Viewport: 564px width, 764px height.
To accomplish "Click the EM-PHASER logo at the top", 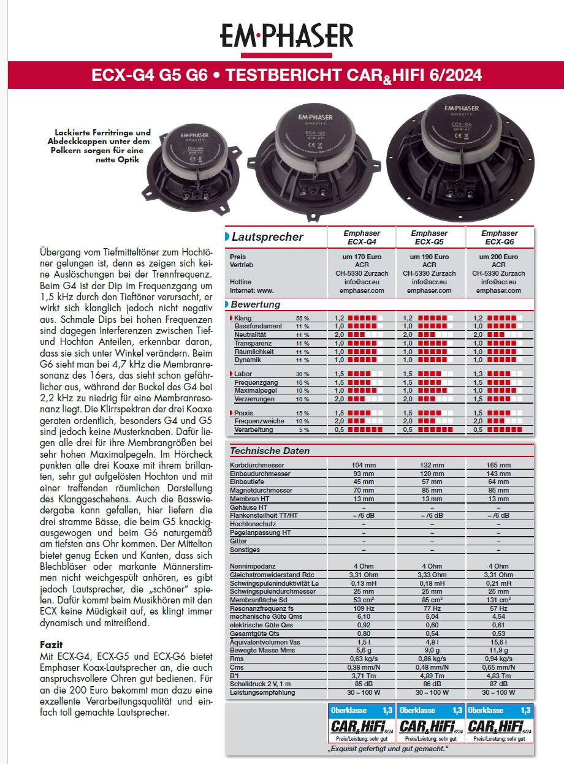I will point(287,36).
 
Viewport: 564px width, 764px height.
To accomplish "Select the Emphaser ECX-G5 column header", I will point(429,237).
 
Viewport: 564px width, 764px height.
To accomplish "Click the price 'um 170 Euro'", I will point(361,257).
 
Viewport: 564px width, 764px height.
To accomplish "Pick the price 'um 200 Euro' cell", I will point(499,257).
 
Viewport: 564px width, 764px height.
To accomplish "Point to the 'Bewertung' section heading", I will point(256,304).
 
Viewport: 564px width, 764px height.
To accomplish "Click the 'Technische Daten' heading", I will point(270,451).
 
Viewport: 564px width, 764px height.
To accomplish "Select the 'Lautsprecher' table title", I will point(268,237).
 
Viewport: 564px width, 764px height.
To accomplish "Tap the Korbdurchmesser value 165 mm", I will point(499,465).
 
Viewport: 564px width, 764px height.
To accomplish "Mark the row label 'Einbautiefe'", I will point(246,482).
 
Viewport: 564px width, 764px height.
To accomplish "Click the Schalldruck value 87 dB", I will point(499,684).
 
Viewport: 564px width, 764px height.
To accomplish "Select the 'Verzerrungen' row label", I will point(254,399).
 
